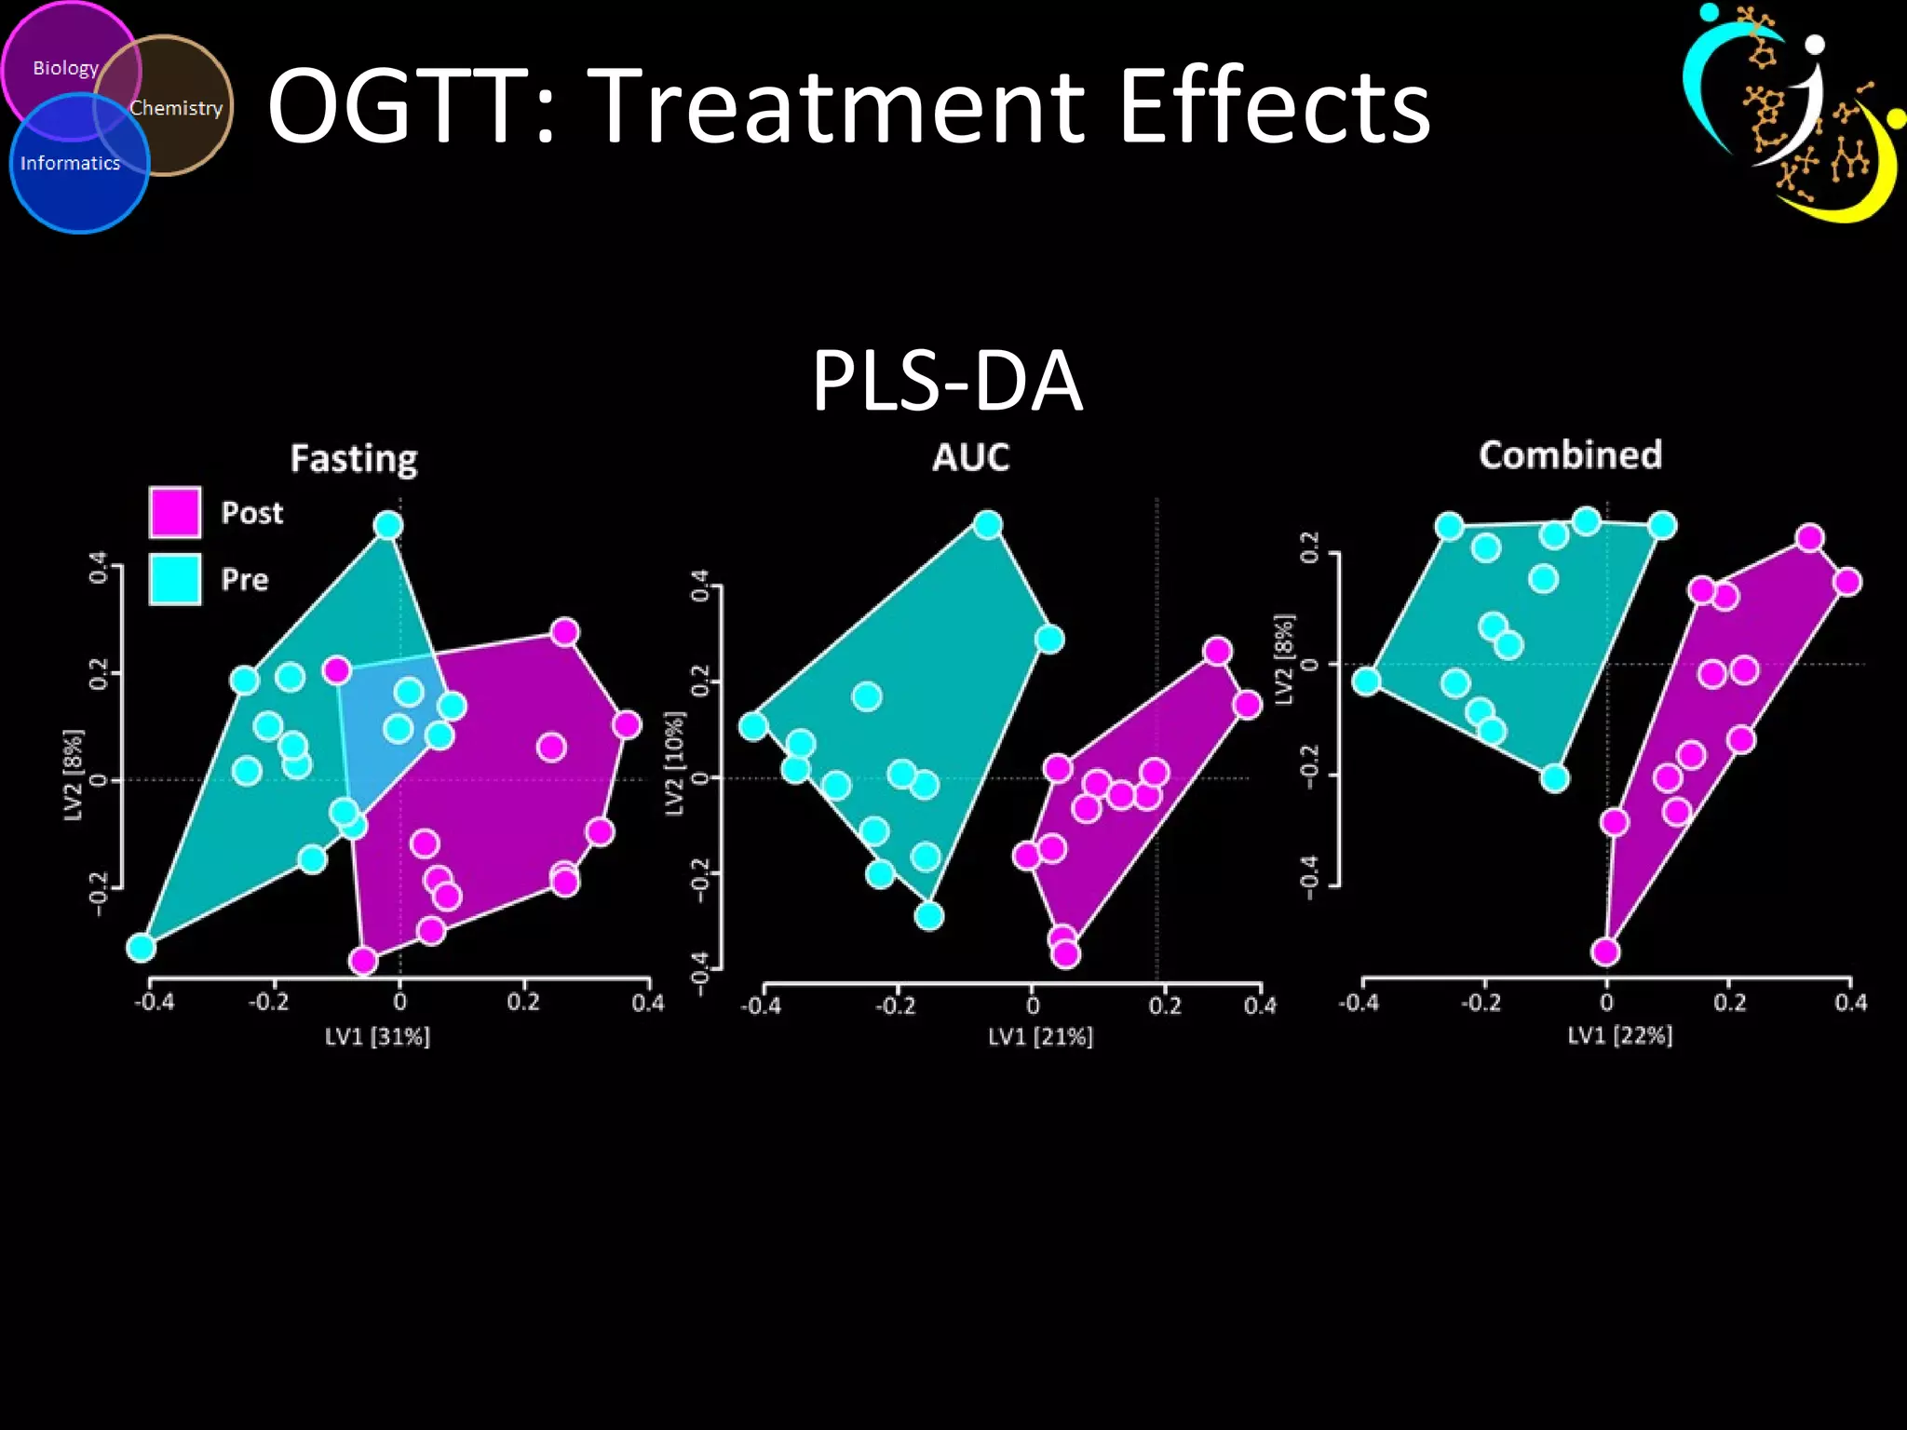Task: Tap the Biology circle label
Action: coord(65,68)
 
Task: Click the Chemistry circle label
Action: coord(176,108)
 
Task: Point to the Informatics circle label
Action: coord(70,164)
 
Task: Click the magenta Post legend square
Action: coord(175,512)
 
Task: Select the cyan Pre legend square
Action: coord(175,579)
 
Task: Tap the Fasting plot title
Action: coord(354,458)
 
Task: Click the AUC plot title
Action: coord(971,457)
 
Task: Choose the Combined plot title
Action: coord(1570,454)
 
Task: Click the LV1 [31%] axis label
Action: coord(377,1036)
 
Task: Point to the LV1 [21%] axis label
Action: coord(1040,1036)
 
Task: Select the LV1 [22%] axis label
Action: coord(1620,1035)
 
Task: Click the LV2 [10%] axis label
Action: coord(675,763)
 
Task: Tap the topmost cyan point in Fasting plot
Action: coord(388,526)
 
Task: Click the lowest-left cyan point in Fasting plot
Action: coord(141,948)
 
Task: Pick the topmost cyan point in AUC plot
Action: coord(988,525)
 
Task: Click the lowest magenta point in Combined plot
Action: coord(1606,951)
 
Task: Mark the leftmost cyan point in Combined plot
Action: coord(1366,681)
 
